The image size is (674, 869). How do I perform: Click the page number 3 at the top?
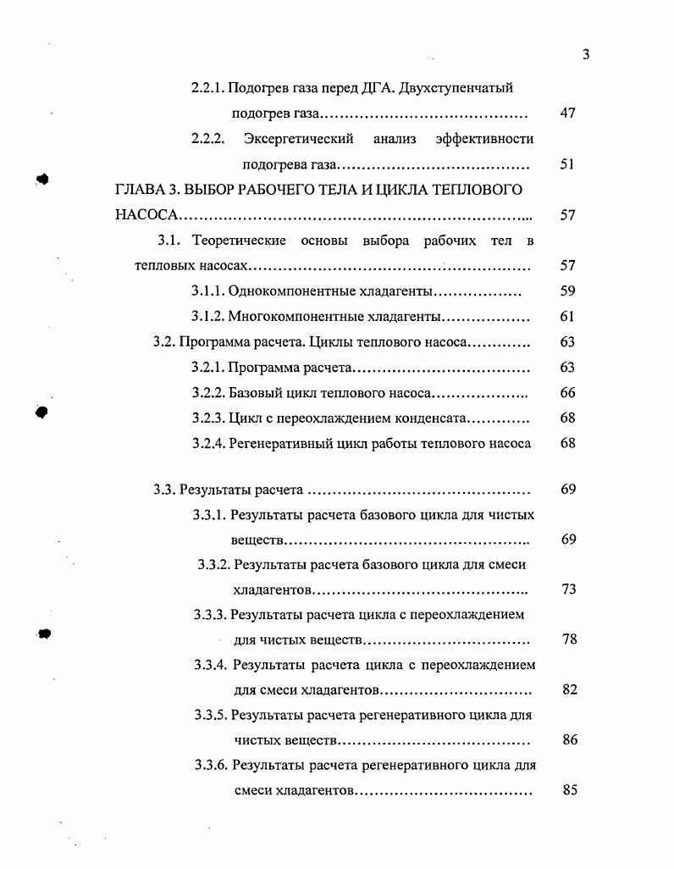(x=585, y=55)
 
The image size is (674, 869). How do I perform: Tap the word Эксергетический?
(x=298, y=139)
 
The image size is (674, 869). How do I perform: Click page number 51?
(x=567, y=164)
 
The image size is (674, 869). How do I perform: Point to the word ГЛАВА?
(x=140, y=189)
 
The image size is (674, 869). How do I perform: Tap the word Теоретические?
(x=239, y=241)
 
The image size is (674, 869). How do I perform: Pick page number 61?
(x=567, y=317)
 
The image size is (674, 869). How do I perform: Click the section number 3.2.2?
(x=207, y=393)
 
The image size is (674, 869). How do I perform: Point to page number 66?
(x=567, y=393)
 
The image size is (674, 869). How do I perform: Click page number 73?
(x=568, y=589)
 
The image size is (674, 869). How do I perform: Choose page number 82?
(x=569, y=689)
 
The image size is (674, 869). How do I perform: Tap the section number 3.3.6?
(x=211, y=766)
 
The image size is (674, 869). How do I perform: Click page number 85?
(x=569, y=791)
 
